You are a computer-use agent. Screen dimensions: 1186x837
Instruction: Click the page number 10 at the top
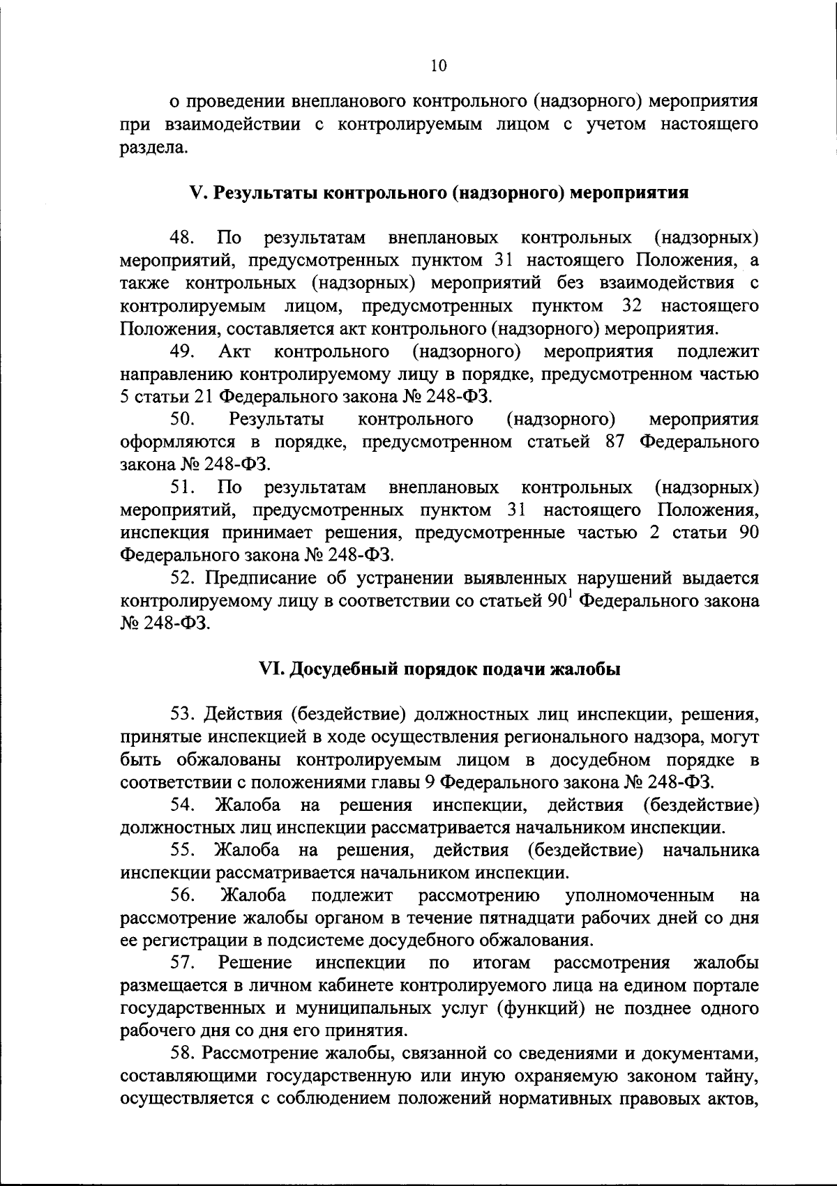coord(438,66)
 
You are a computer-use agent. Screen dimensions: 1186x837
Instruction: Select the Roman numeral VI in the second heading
coord(269,669)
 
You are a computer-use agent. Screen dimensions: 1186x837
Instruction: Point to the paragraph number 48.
coord(183,238)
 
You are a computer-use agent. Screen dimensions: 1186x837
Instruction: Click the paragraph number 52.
coord(183,578)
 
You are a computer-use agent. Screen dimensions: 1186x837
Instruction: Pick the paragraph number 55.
coord(183,851)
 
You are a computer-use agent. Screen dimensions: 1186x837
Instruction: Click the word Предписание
coord(260,578)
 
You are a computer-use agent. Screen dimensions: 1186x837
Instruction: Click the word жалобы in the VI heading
coord(585,669)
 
